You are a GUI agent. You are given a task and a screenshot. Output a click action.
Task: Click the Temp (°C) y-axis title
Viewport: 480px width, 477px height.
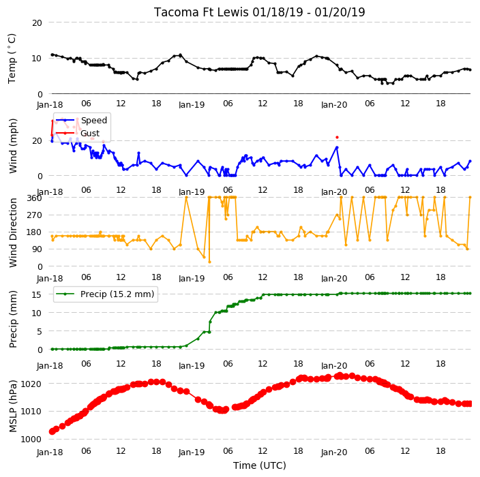coord(12,58)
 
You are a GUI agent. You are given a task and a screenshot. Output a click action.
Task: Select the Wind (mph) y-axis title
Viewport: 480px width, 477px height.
coord(12,146)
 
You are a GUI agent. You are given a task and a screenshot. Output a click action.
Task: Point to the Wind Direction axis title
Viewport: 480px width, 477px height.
coord(12,232)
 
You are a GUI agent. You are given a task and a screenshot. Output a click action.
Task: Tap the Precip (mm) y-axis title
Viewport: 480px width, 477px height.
coord(12,319)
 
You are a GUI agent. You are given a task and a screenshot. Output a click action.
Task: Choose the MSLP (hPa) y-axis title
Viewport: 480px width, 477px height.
coord(12,406)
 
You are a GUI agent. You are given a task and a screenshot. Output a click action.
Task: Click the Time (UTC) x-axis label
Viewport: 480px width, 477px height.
coord(260,465)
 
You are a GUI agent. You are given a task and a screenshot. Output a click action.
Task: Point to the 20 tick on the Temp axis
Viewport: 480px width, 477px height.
coord(37,22)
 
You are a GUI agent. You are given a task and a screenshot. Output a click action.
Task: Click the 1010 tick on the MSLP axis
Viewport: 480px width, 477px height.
coord(31,411)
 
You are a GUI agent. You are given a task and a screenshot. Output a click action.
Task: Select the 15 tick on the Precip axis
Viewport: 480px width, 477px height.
coord(37,294)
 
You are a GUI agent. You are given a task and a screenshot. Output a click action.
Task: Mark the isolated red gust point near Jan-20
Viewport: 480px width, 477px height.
coord(337,138)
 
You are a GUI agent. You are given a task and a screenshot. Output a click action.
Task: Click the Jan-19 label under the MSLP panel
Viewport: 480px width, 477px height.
coord(192,452)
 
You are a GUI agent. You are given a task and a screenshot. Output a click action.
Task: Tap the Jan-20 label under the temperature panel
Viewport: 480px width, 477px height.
coord(334,105)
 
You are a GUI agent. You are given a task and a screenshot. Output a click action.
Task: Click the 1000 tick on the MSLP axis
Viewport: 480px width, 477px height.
coord(31,439)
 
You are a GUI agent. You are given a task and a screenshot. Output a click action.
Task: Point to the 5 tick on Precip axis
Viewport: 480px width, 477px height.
coord(40,331)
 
